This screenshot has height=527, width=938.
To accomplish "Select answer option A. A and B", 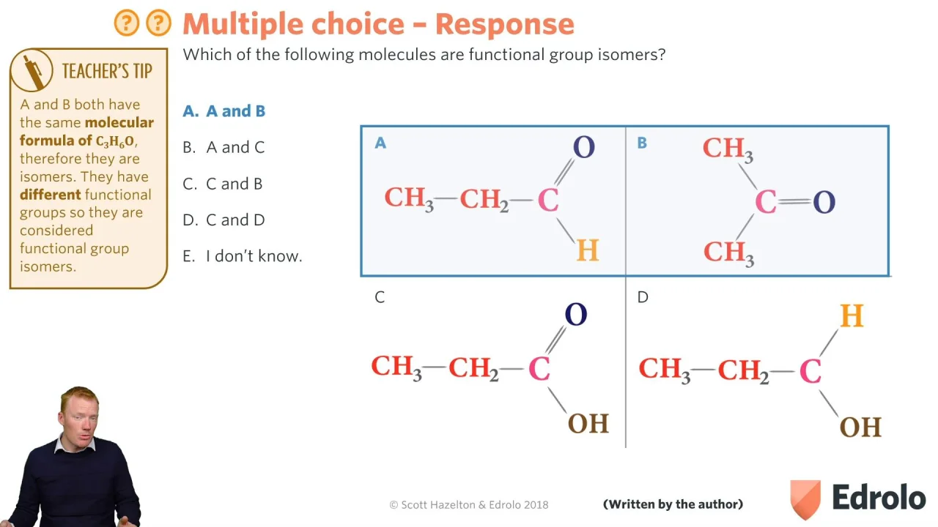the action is point(224,111).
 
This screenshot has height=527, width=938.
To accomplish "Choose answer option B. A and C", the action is point(224,147).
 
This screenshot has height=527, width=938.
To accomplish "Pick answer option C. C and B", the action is point(222,184).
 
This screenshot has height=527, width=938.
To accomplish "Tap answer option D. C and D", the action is point(224,220).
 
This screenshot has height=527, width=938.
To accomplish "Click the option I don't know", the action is point(242,256).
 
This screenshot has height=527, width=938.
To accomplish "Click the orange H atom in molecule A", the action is point(588,250).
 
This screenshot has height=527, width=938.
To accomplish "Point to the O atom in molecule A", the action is point(584,147).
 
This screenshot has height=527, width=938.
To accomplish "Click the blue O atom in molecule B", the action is point(824,203).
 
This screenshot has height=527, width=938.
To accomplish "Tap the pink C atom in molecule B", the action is point(766,201).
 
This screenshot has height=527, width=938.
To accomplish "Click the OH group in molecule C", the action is point(588,423).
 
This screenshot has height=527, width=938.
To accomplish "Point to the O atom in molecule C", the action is point(576,315).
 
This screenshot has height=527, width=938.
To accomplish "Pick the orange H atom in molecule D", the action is point(852,315).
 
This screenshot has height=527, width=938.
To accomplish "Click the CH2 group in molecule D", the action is point(744,370).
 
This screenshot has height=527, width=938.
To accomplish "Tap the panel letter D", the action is point(643,297).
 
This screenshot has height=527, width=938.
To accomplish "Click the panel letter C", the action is point(380,297).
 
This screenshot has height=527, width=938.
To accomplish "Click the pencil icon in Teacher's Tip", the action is point(33,72).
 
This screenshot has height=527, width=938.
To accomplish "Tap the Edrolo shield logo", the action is point(805,499).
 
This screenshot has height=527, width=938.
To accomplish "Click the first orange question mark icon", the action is point(127,23).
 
